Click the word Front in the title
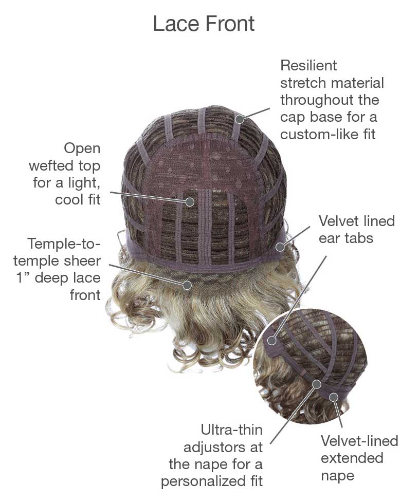[x=230, y=24]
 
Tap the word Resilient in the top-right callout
[x=308, y=65]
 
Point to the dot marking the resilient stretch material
[x=239, y=119]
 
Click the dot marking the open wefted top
[x=190, y=202]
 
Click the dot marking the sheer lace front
[x=187, y=285]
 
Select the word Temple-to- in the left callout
[x=64, y=244]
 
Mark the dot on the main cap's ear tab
[x=280, y=247]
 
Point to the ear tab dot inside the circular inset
[x=272, y=340]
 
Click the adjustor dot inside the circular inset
[x=317, y=384]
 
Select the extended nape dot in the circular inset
[x=334, y=397]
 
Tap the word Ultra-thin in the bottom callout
[x=231, y=430]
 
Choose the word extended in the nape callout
[x=352, y=458]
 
